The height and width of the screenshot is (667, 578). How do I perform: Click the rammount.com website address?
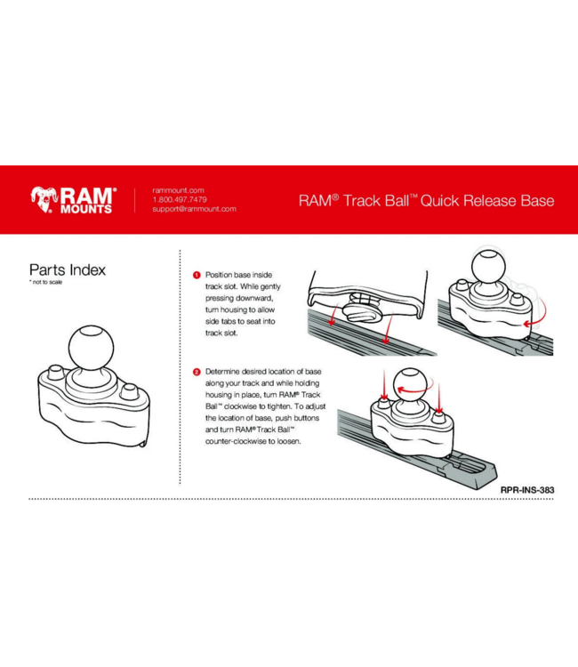click(x=179, y=190)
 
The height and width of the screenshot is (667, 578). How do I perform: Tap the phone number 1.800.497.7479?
click(x=180, y=199)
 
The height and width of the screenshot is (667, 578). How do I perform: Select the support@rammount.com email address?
click(x=194, y=209)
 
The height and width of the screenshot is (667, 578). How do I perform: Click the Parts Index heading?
click(x=67, y=269)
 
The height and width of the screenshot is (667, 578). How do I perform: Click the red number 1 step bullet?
click(x=197, y=276)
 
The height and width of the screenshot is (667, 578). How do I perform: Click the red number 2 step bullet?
click(x=197, y=370)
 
